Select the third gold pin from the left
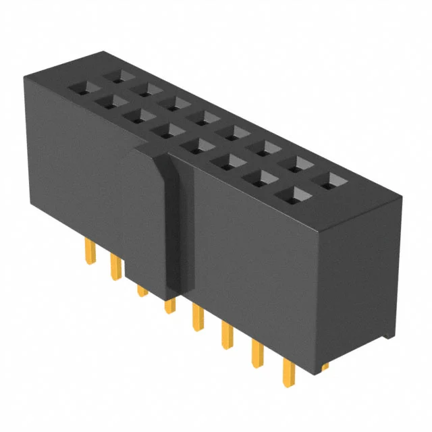(x=142, y=290)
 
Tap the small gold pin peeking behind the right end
(x=325, y=367)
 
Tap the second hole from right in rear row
(x=298, y=164)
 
